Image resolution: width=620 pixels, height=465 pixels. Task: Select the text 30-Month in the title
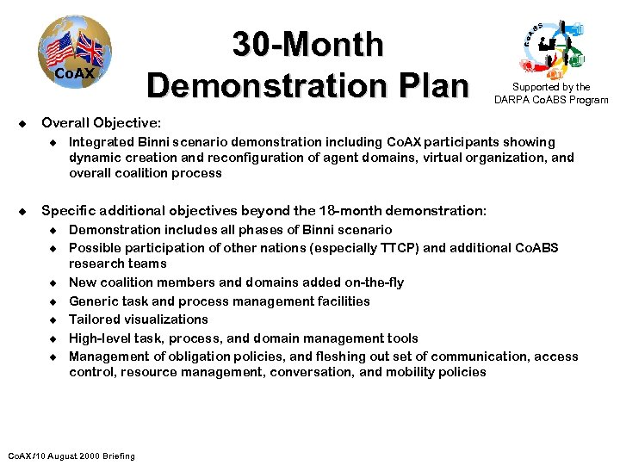(308, 44)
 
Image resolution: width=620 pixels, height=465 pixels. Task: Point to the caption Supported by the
(551, 87)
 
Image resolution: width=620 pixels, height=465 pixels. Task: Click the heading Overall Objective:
(101, 123)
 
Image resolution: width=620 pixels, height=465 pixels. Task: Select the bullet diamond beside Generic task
(52, 301)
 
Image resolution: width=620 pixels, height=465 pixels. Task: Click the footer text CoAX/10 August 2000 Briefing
(71, 456)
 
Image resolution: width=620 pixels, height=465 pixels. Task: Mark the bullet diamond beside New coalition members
(52, 282)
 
